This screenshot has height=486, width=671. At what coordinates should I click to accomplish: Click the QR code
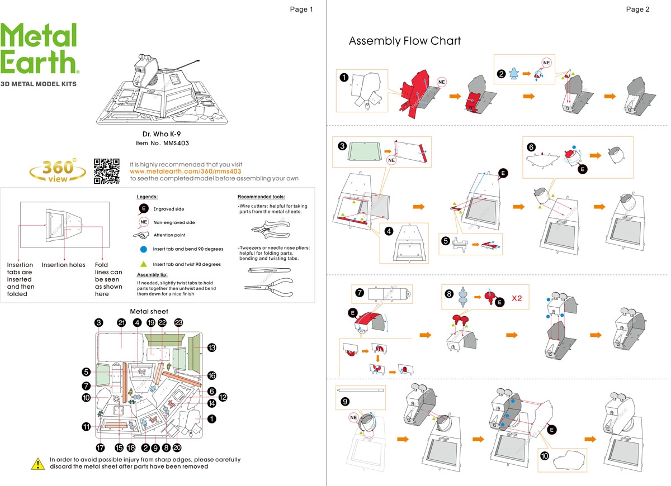[106, 171]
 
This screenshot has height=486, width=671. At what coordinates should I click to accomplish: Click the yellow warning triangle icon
[38, 463]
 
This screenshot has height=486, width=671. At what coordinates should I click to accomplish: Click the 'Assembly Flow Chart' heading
[405, 41]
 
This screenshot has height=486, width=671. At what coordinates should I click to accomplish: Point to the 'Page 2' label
[637, 9]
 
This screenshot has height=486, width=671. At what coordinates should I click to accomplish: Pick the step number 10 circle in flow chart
[545, 455]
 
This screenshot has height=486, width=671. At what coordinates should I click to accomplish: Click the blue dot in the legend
[144, 249]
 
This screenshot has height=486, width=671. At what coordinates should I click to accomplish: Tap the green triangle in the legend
[144, 264]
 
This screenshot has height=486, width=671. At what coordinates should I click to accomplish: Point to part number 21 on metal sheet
[121, 323]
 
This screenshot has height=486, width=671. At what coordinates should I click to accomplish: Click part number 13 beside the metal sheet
[211, 347]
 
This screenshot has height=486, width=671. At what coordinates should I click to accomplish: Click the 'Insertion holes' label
[63, 265]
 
